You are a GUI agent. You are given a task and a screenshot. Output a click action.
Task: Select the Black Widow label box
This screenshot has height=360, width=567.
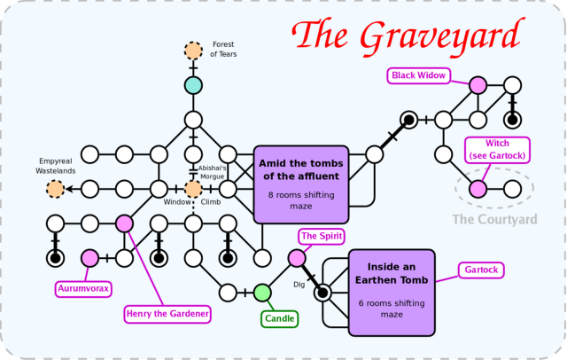click(x=418, y=75)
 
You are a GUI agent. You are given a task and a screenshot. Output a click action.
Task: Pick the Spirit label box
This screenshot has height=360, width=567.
click(x=321, y=236)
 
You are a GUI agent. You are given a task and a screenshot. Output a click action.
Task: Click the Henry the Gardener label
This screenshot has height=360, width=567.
click(x=167, y=313)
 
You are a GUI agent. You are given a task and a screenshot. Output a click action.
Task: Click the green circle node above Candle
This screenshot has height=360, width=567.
click(x=262, y=293)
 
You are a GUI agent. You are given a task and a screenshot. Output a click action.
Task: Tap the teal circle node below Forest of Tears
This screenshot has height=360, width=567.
click(x=193, y=85)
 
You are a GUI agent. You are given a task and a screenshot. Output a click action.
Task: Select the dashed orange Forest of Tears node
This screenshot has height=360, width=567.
click(x=193, y=51)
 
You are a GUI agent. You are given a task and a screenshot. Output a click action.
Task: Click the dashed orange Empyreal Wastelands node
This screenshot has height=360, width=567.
click(x=55, y=188)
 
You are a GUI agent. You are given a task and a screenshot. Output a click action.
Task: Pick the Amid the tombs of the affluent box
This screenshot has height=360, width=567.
click(x=300, y=184)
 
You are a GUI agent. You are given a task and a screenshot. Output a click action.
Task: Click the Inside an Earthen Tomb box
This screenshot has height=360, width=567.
click(x=392, y=292)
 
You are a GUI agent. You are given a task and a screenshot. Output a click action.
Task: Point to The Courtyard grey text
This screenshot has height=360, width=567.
click(x=494, y=219)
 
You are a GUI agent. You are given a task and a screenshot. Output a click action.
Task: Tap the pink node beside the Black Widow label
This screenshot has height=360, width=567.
click(x=478, y=85)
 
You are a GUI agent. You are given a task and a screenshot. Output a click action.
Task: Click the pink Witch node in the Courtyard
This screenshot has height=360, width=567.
click(x=478, y=188)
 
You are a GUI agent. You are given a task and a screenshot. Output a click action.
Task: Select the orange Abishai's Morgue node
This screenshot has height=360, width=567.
click(x=193, y=188)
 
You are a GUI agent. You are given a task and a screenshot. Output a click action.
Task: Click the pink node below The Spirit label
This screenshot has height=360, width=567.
click(x=297, y=258)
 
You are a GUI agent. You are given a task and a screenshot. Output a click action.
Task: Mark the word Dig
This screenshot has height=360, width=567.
click(x=299, y=285)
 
